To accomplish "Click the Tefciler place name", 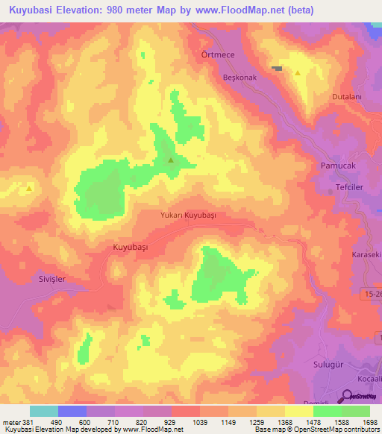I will click(x=346, y=188).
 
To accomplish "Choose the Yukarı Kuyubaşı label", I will click(x=188, y=214).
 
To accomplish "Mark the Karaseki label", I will click(x=366, y=255).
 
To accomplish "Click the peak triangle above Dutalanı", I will click(x=298, y=73).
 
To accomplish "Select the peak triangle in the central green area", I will click(x=171, y=160).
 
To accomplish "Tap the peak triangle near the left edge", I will click(x=28, y=188).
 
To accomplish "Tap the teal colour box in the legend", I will click(x=44, y=411).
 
